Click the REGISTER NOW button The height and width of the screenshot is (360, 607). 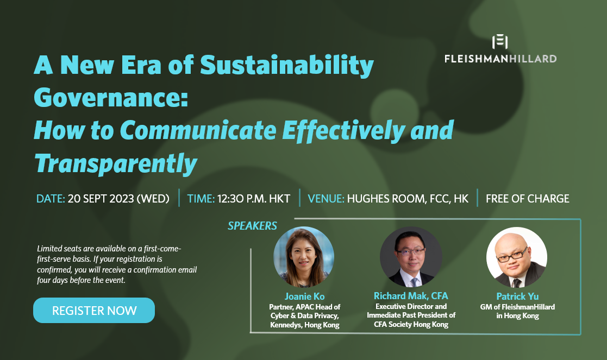pos(94,311)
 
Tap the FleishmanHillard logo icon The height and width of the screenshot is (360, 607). pos(499,42)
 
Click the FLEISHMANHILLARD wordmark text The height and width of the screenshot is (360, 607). pos(500,58)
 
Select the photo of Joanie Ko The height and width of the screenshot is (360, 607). pos(304,257)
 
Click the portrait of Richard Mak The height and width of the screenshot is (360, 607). pos(411,257)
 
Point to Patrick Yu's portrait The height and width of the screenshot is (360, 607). pos(517,257)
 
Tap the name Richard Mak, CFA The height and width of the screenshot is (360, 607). pos(411,296)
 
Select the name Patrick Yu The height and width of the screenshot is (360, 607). pos(517,296)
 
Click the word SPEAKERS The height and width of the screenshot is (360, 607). pos(252,226)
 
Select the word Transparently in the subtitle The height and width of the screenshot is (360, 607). pos(115,162)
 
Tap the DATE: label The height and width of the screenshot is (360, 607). pos(51,199)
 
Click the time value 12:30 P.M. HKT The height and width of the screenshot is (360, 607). pos(254,199)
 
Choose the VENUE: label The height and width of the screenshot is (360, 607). pos(326,199)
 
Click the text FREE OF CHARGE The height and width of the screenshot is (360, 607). pos(527,199)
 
